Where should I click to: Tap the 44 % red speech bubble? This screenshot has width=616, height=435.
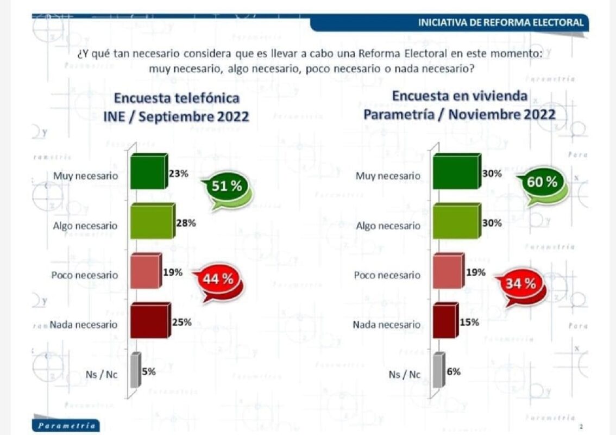tap(218, 279)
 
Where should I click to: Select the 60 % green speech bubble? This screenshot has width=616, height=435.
tap(542, 182)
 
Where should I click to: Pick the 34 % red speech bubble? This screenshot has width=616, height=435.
tap(521, 283)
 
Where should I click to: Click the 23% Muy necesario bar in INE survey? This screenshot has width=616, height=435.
tap(148, 172)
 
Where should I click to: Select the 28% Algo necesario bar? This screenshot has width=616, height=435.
tap(152, 222)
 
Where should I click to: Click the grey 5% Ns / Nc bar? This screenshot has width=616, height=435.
tap(136, 371)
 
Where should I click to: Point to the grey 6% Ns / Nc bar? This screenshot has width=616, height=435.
tap(438, 371)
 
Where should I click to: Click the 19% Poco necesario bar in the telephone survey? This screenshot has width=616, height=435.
tap(146, 271)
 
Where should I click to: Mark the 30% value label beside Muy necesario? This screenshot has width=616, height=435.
tap(492, 175)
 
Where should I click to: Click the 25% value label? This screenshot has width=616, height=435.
tap(182, 322)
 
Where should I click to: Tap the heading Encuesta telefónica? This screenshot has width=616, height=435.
tap(177, 98)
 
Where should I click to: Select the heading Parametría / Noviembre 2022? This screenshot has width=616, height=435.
tap(460, 114)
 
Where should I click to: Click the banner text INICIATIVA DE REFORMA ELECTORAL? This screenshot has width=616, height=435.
tap(501, 22)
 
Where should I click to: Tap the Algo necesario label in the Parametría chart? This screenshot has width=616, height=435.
tap(388, 226)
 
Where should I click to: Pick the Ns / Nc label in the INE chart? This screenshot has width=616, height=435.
tap(102, 374)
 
